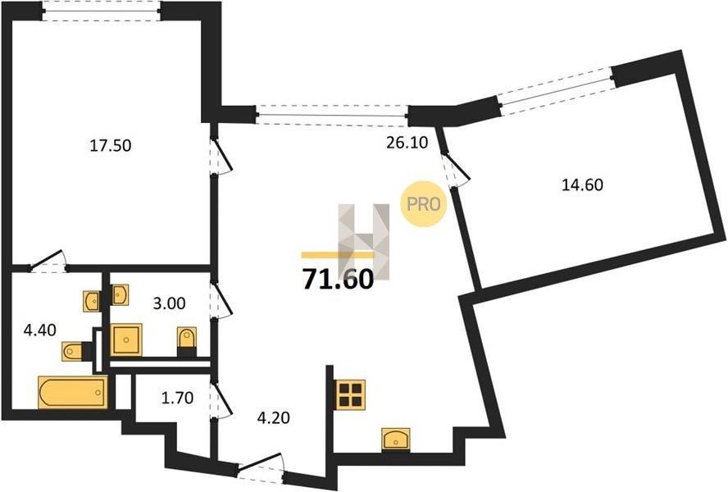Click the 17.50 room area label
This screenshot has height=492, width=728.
click(111, 146)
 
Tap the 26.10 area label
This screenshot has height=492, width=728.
click(407, 143)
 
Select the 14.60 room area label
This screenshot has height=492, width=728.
click(582, 185)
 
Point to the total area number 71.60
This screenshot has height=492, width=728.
click(338, 279)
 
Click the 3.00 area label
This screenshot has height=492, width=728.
click(170, 303)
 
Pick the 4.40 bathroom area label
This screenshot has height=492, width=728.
click(40, 330)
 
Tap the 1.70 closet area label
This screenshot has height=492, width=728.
click(177, 399)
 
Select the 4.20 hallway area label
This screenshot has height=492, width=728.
click(274, 417)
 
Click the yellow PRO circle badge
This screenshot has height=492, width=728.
click(423, 203)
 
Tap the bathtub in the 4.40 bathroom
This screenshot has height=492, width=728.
click(73, 393)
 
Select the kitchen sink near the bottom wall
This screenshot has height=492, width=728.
click(396, 439)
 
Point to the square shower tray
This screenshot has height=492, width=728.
click(126, 340)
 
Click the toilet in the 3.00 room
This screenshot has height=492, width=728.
click(187, 339)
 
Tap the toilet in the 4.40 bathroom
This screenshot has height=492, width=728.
click(75, 351)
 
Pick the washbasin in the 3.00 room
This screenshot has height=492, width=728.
click(121, 294)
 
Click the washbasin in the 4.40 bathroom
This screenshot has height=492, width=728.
click(92, 301)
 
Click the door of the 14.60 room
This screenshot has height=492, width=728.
click(456, 170)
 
